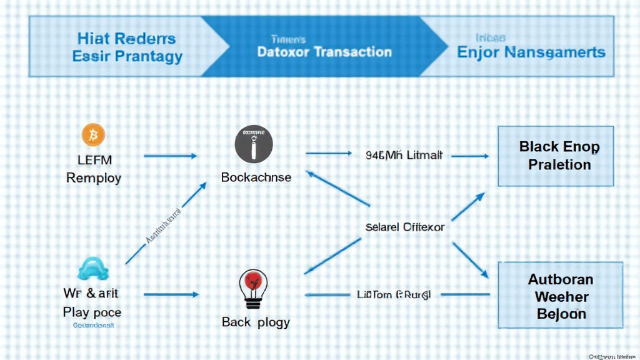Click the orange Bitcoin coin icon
94,134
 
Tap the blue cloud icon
93,269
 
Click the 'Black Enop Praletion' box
559,156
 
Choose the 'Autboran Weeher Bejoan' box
559,296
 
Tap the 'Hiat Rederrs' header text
127,39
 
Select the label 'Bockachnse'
256,177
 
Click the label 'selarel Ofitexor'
404,227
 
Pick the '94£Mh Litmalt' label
404,155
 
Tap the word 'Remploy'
94,177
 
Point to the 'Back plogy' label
256,322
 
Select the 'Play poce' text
92,311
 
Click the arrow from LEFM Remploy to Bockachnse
170,155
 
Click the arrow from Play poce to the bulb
171,294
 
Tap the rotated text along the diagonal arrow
164,227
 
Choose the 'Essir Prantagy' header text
127,57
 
